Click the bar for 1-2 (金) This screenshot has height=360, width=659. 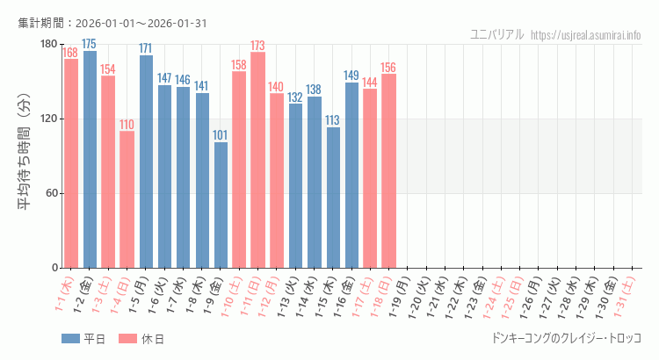[90, 159]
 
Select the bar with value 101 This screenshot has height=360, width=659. [221, 205]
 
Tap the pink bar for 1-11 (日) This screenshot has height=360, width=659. [257, 160]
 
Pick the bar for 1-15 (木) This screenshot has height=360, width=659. [333, 198]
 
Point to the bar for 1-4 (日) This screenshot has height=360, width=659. [127, 199]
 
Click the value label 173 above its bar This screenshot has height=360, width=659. [257, 46]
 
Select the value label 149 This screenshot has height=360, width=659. [351, 76]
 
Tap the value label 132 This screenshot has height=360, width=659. [295, 97]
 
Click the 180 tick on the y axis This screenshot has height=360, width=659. [47, 45]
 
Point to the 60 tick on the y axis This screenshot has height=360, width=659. [50, 193]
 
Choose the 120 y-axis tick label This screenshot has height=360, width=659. [47, 119]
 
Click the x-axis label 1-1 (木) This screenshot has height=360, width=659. [64, 294]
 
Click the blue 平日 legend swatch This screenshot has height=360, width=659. [71, 339]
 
